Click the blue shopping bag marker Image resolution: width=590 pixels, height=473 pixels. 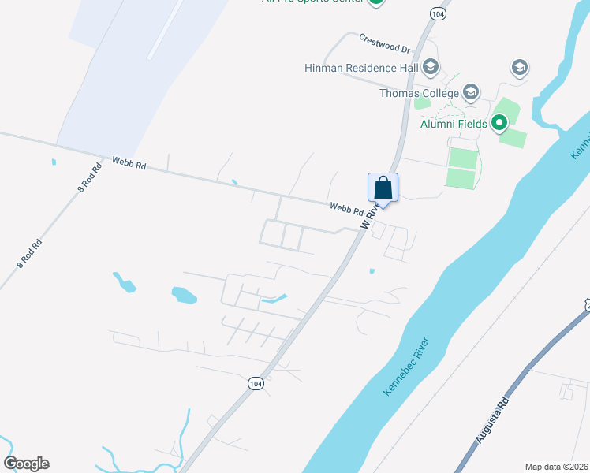tap(383, 189)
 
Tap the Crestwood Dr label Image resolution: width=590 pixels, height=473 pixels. tap(385, 43)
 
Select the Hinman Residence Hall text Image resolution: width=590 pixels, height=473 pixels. tap(360, 68)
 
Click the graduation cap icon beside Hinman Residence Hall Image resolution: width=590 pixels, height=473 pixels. tap(430, 67)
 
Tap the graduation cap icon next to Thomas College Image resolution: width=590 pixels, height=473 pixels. tap(471, 93)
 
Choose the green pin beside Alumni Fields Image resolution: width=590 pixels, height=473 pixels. tap(499, 123)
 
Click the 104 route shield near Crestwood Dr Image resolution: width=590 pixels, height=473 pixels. tap(438, 13)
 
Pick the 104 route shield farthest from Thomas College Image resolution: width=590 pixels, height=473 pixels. tap(255, 383)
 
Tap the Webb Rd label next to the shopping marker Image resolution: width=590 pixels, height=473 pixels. tap(346, 208)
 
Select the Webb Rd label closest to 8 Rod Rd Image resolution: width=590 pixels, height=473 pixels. tap(129, 162)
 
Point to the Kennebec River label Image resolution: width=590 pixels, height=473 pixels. tap(405, 366)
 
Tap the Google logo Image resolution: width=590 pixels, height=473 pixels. tap(26, 464)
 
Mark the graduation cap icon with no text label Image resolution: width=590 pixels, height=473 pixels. tap(519, 68)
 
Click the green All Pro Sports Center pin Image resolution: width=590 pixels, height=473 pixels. tap(377, 2)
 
